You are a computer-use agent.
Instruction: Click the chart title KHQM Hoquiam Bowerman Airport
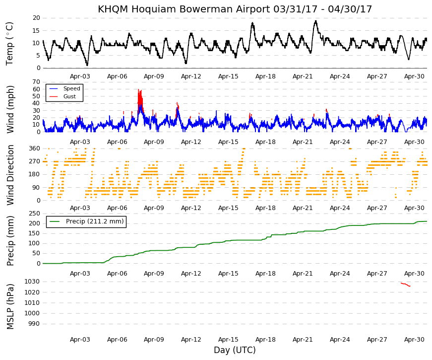(184, 9)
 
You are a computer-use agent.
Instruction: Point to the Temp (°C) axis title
(9, 44)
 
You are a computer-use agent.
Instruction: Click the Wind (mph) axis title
(10, 110)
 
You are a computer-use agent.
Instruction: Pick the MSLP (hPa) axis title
(10, 306)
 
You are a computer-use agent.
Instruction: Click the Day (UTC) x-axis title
(235, 350)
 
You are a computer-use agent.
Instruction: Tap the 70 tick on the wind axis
(36, 82)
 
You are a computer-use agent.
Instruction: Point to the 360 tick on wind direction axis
(35, 148)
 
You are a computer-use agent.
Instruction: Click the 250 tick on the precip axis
(35, 214)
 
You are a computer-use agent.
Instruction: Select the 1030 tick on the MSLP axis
(32, 282)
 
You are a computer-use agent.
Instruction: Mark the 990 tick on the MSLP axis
(34, 324)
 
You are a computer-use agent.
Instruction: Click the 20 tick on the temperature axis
(36, 18)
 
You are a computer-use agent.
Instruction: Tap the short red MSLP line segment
(405, 285)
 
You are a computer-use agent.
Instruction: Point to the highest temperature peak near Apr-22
(316, 21)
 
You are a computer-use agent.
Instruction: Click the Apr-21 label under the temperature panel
(303, 76)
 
